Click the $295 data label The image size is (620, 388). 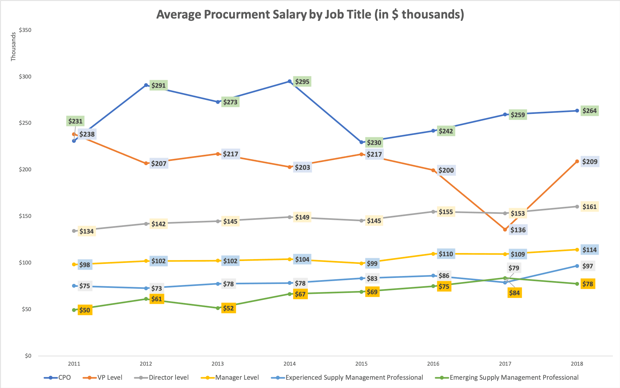(x=302, y=82)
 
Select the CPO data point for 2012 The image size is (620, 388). (x=146, y=85)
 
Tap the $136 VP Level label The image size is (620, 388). (x=518, y=230)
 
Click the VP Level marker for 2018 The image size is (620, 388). (x=577, y=161)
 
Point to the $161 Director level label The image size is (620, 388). (x=589, y=207)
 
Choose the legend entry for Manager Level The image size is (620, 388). (x=237, y=377)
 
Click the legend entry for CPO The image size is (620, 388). (x=64, y=377)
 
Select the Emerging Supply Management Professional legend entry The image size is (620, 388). (x=514, y=377)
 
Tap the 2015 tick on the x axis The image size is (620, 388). (x=361, y=364)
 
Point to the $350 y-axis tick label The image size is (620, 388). (x=25, y=30)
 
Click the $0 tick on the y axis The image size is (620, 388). (x=28, y=356)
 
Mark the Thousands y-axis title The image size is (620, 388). (x=13, y=47)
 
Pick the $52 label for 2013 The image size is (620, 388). (x=228, y=308)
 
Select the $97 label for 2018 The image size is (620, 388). (x=587, y=266)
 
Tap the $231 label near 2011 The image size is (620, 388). (x=75, y=121)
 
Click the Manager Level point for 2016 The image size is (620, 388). (x=433, y=254)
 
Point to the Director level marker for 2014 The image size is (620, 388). (x=290, y=217)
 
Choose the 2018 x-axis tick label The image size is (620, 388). (x=577, y=364)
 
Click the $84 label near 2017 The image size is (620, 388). (x=514, y=293)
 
